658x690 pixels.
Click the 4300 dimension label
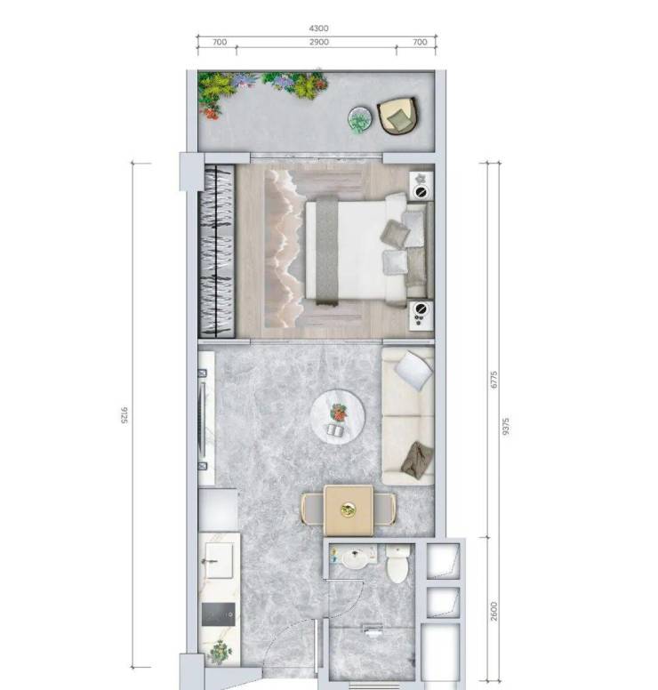click(x=318, y=28)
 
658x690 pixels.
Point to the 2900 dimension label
click(x=318, y=43)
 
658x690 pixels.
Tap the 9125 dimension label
click(x=124, y=415)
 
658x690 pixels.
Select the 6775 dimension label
click(x=493, y=380)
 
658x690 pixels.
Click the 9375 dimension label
click(x=506, y=427)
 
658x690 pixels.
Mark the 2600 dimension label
click(x=493, y=611)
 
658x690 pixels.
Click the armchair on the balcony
click(x=397, y=116)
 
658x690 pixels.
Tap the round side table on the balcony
click(x=360, y=119)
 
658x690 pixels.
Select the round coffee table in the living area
click(x=338, y=417)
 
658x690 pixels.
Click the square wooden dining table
click(x=349, y=510)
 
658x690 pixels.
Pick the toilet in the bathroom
click(x=397, y=564)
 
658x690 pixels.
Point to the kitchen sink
click(x=219, y=560)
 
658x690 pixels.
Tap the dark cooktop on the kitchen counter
click(x=219, y=614)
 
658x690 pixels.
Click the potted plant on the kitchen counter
click(x=220, y=651)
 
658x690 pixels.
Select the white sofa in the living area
click(x=407, y=416)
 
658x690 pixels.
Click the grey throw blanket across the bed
click(x=327, y=251)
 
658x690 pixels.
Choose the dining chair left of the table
click(x=312, y=509)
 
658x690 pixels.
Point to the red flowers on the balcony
click(x=212, y=112)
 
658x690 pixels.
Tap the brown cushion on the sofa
click(x=418, y=461)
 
